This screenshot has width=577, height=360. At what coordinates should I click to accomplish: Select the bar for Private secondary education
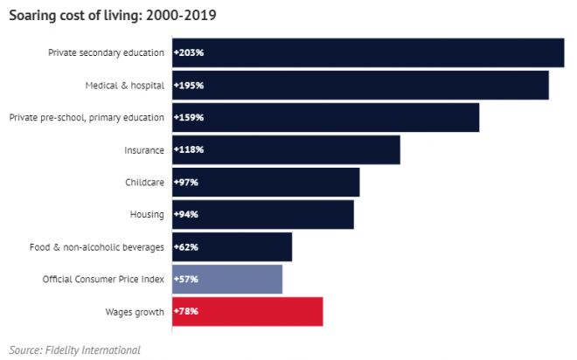click(368, 52)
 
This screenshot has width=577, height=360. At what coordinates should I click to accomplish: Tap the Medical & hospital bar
click(360, 85)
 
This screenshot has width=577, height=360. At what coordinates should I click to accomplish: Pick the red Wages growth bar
click(248, 311)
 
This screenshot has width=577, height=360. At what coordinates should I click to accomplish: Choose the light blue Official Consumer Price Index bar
click(227, 279)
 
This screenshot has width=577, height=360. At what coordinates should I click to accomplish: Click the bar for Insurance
click(286, 149)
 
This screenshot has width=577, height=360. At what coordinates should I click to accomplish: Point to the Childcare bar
click(266, 182)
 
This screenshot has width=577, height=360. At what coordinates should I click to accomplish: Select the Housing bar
click(263, 214)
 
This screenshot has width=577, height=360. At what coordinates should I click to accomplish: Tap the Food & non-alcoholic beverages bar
click(232, 246)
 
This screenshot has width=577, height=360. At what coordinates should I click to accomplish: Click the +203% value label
click(189, 52)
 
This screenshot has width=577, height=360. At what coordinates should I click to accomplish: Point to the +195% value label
click(189, 85)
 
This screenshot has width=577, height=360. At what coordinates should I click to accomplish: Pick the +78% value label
click(186, 311)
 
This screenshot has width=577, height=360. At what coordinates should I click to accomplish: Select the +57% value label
click(186, 279)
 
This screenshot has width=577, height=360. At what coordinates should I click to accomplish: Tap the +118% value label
click(189, 149)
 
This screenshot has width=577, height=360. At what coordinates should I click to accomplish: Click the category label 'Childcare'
click(144, 182)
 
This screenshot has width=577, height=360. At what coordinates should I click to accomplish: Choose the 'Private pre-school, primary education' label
click(87, 117)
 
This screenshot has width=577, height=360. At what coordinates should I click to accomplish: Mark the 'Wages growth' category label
click(134, 311)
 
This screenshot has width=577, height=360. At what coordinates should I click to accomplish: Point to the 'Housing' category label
click(147, 214)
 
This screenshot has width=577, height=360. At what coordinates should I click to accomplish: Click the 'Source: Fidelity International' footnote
click(74, 350)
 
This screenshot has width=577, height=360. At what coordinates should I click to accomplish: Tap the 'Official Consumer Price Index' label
click(103, 279)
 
